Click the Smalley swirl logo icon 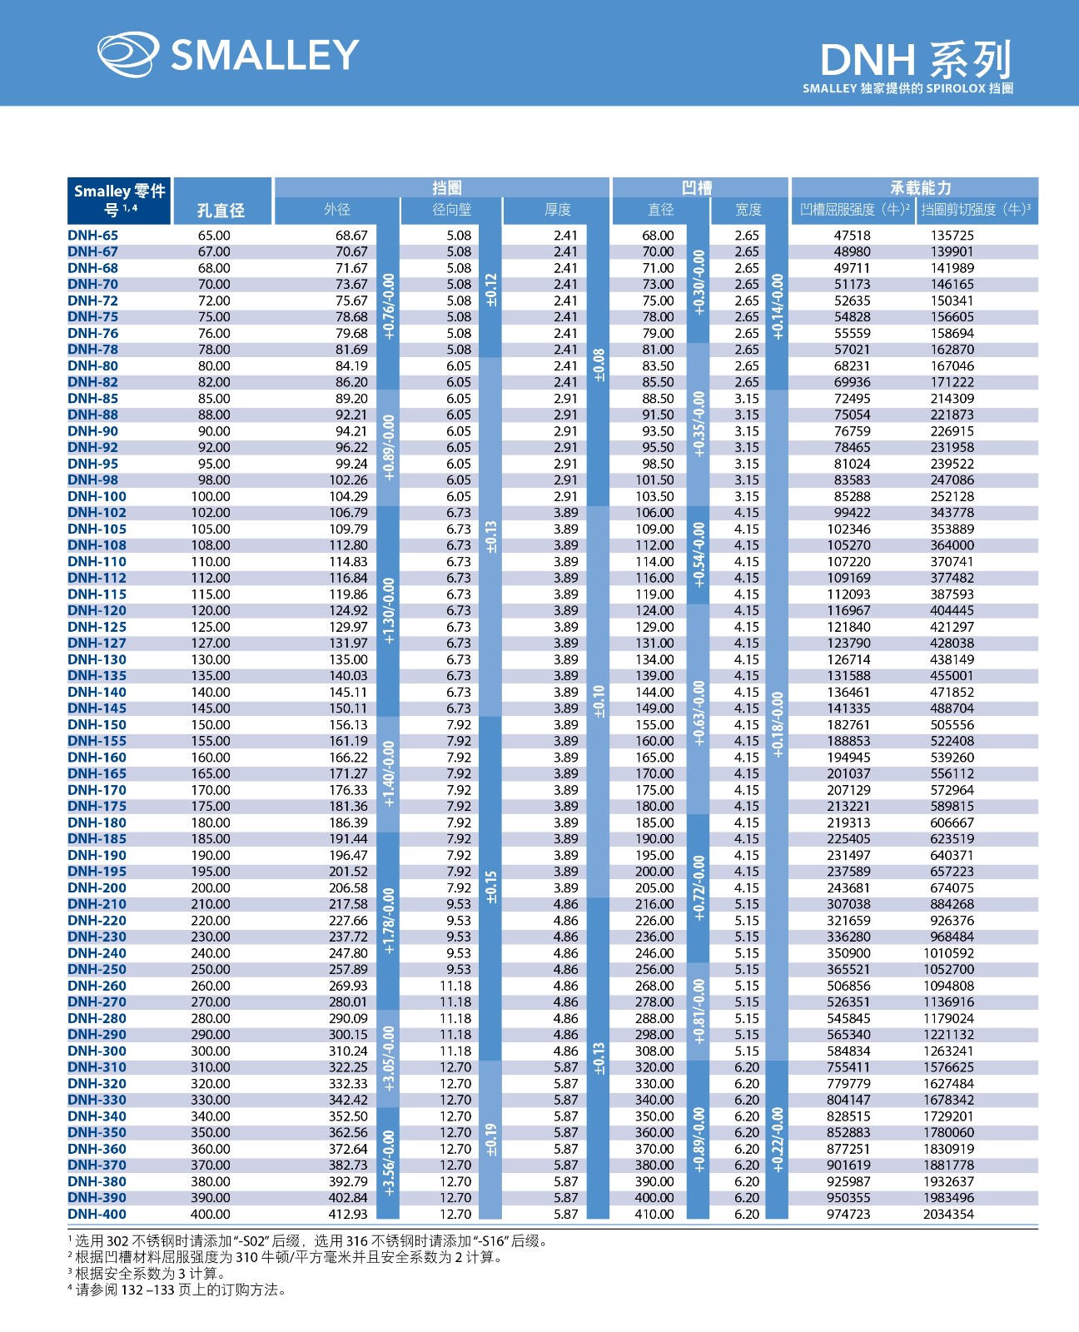click(x=127, y=54)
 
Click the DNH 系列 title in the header click(x=915, y=60)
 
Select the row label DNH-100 click(x=97, y=496)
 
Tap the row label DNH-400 click(x=97, y=1214)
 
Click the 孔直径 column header click(x=221, y=210)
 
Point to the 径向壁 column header click(x=451, y=210)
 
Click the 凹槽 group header click(x=697, y=188)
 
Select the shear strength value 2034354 click(x=948, y=1214)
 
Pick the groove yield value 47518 click(x=852, y=236)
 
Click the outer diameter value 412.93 click(x=348, y=1214)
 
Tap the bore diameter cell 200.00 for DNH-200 click(x=211, y=887)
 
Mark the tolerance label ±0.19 click(x=491, y=1140)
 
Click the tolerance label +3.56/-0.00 click(x=389, y=1162)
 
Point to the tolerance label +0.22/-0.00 click(x=777, y=1140)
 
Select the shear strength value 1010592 click(x=948, y=953)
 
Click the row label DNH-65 click(x=92, y=236)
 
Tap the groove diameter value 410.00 click(x=654, y=1214)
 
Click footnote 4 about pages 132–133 click(x=178, y=1290)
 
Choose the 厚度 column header click(x=557, y=210)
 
